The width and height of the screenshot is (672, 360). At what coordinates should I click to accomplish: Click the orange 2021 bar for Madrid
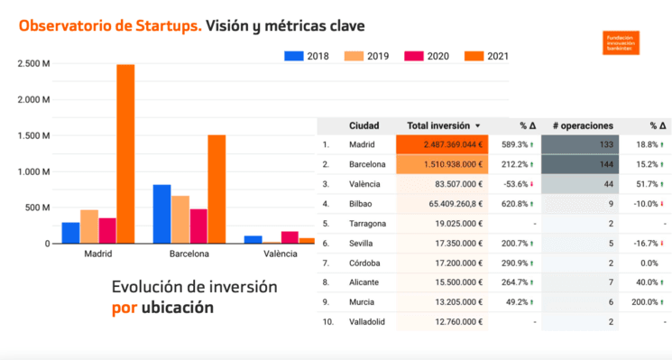pos(125,153)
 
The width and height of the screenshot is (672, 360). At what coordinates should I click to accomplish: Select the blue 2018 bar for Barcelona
pos(161,214)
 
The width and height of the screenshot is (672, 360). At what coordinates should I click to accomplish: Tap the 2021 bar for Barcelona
pos(216,189)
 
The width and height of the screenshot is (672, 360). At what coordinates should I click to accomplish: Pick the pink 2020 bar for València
pos(290,237)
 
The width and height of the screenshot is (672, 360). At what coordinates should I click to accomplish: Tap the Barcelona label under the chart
pos(189,254)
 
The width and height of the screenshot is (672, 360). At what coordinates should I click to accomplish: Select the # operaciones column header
pos(583,125)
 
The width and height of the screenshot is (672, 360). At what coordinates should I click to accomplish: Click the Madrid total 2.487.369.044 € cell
pos(441,144)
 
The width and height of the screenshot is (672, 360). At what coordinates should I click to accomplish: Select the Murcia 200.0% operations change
pos(647,302)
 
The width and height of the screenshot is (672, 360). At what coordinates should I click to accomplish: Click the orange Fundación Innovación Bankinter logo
pos(629,42)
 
